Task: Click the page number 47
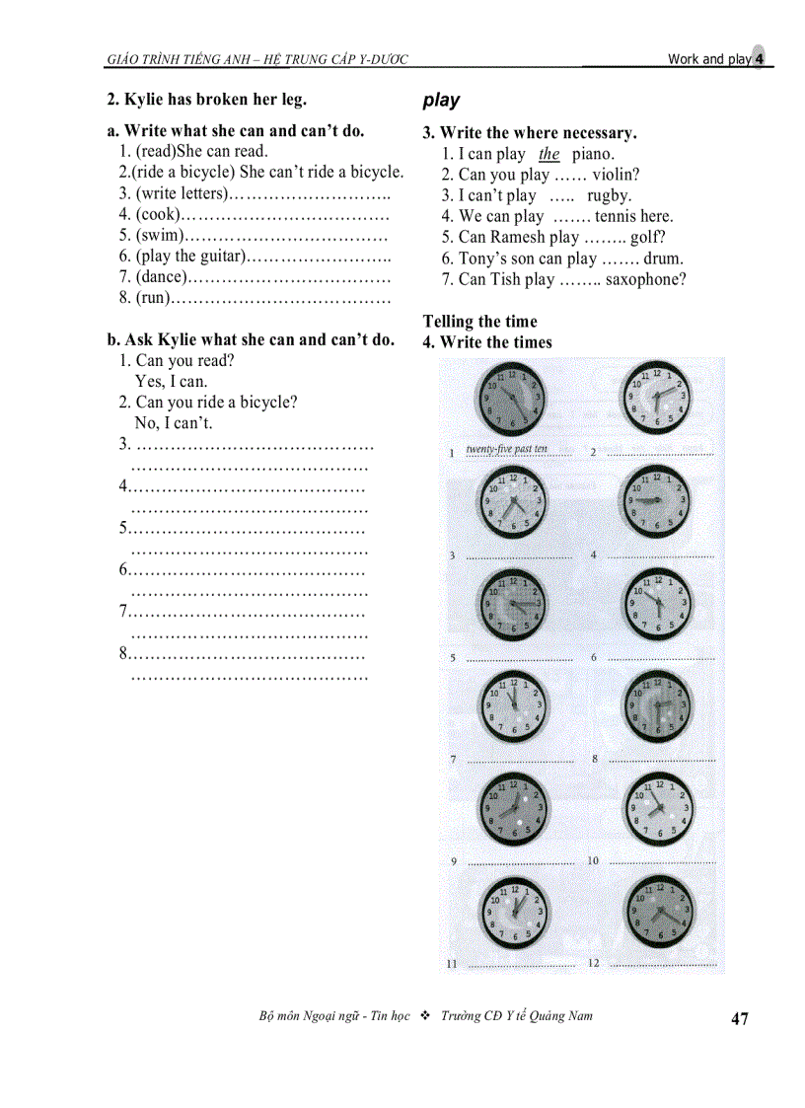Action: point(740,1019)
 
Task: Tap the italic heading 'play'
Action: point(441,101)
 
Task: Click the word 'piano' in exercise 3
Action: point(592,154)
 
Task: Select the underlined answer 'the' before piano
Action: point(549,154)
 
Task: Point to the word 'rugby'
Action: point(609,195)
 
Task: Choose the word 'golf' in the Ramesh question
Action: point(648,237)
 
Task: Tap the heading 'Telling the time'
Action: point(479,322)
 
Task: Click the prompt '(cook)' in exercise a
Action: point(156,214)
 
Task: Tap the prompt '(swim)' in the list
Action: point(159,236)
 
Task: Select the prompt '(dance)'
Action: point(161,277)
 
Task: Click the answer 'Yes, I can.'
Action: point(172,382)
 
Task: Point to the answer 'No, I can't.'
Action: point(174,423)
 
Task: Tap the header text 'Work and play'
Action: point(708,59)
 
